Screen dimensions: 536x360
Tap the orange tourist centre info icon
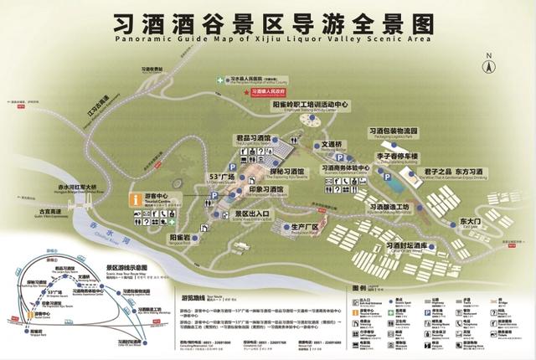click(136, 199)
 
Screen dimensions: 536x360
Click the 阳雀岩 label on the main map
click(182, 239)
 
